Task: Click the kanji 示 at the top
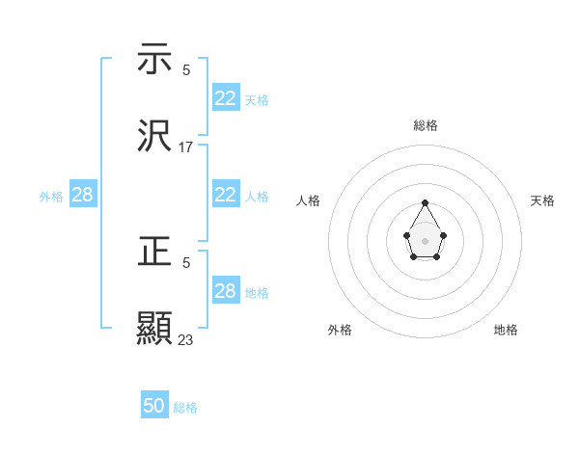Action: click(154, 59)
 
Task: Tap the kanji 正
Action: click(154, 253)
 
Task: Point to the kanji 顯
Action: click(154, 328)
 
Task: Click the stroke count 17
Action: click(186, 147)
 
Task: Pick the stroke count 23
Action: click(186, 339)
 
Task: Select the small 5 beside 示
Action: click(186, 69)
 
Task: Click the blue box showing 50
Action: click(154, 406)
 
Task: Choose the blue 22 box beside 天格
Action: click(226, 98)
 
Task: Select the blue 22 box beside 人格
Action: click(226, 195)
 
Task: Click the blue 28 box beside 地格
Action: click(226, 291)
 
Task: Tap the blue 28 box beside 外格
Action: click(83, 195)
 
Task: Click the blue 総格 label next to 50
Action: click(186, 408)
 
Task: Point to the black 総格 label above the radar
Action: click(425, 125)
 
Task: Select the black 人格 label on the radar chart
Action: click(309, 200)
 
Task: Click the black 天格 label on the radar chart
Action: click(542, 200)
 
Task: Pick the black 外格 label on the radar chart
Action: click(339, 330)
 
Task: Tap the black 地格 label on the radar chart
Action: click(506, 330)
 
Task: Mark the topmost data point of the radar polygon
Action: click(425, 202)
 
